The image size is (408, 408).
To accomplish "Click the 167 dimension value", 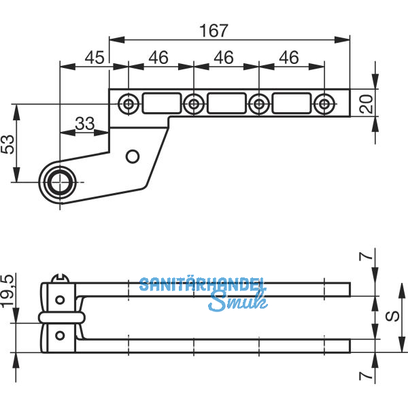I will (x=214, y=31).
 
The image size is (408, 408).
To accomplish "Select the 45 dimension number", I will (x=95, y=58).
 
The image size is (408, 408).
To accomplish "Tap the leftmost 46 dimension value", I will (x=158, y=58).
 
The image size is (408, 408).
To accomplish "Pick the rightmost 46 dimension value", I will (x=289, y=58).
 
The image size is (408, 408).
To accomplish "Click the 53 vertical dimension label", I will (x=7, y=144).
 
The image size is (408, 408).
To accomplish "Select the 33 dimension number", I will (x=85, y=124).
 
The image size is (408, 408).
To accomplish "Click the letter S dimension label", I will (x=392, y=317).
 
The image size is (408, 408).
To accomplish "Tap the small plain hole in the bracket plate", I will (x=133, y=156).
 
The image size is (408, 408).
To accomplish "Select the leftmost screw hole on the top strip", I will (x=128, y=104).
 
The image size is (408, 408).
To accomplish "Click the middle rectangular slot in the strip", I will (x=226, y=103).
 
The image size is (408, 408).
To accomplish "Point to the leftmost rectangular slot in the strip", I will (x=161, y=103).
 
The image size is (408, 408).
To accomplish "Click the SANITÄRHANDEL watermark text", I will (x=203, y=284).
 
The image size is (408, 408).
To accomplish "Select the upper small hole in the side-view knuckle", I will (x=61, y=299).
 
